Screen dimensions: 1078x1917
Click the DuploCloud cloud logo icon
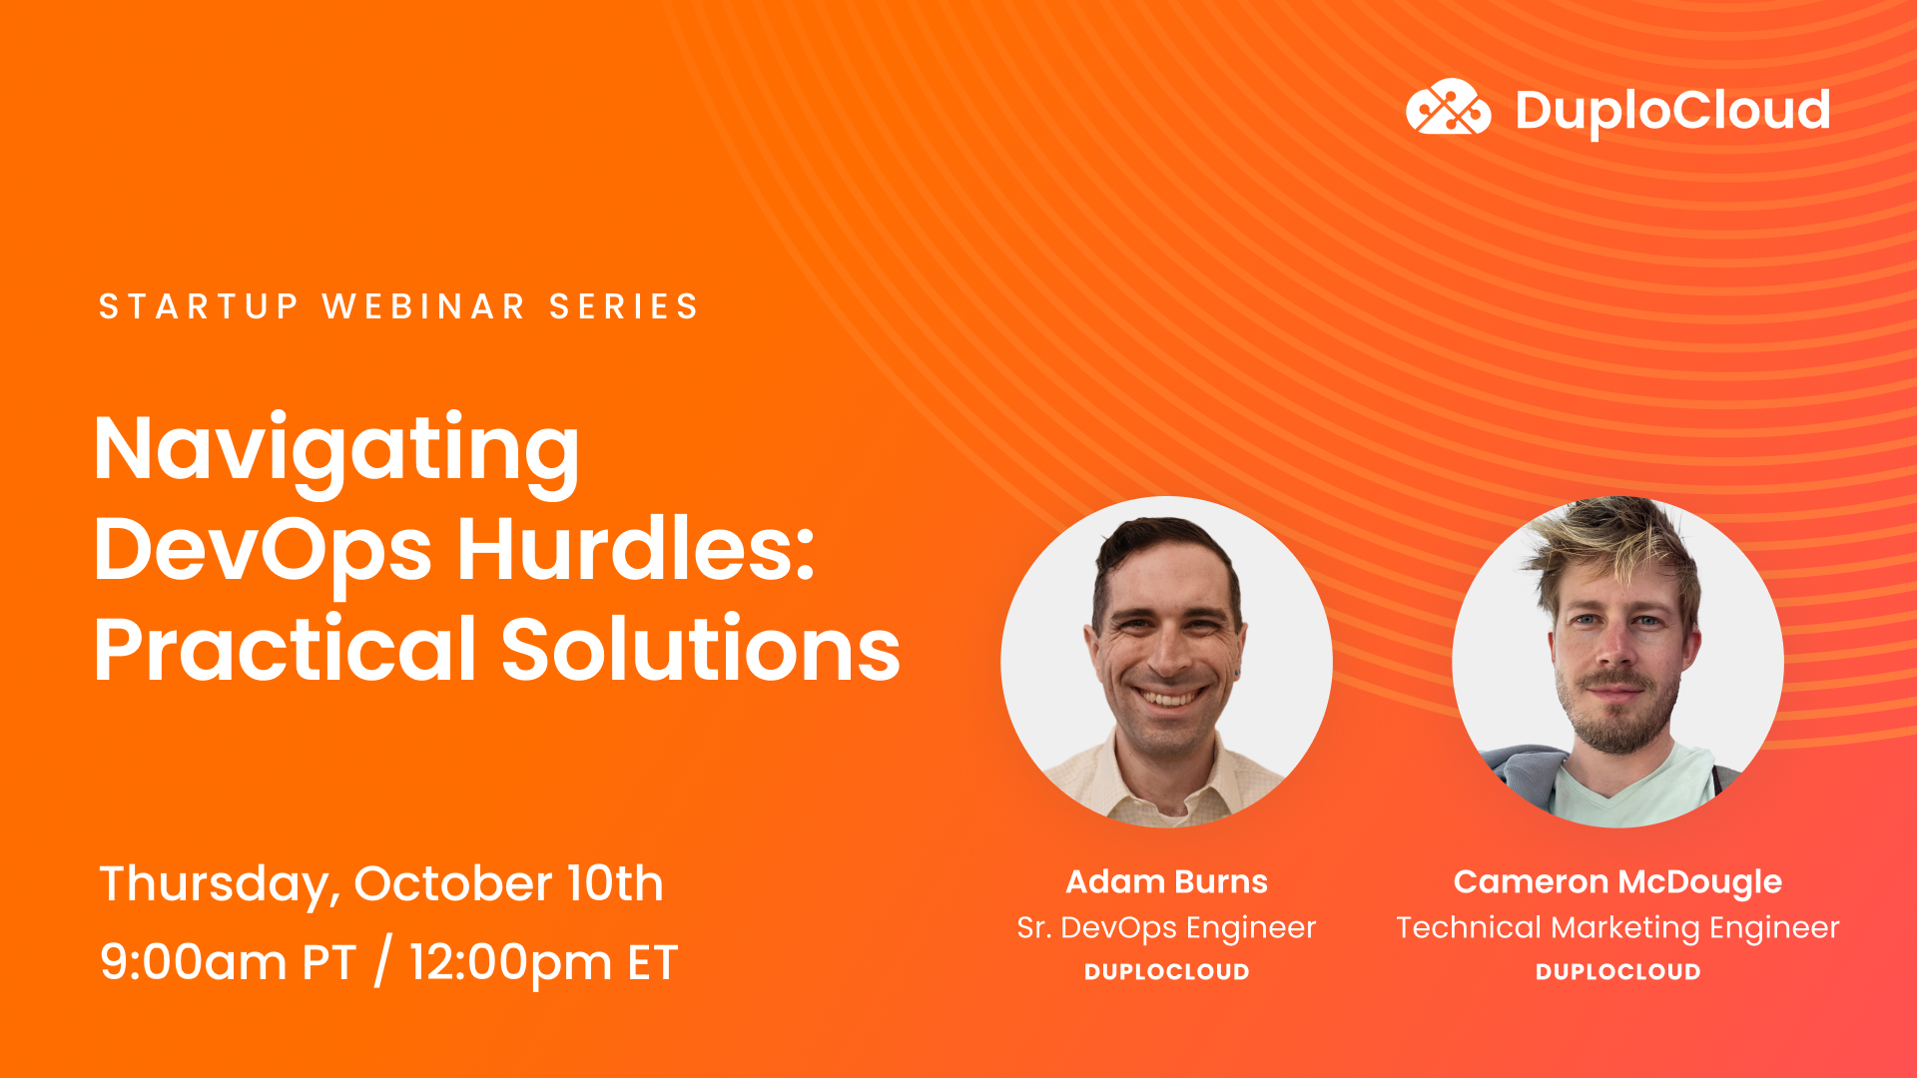[x=1448, y=108]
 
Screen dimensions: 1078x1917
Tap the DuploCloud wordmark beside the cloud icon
[x=1672, y=110]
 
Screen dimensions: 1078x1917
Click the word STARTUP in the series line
[x=199, y=306]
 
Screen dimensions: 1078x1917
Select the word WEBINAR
[x=423, y=306]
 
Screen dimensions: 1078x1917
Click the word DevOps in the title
[x=263, y=550]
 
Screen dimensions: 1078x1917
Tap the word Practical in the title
[x=285, y=650]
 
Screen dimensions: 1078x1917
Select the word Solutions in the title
[x=700, y=650]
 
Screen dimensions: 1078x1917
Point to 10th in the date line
[x=615, y=884]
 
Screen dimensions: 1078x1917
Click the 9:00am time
[x=193, y=963]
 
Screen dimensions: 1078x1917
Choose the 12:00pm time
[x=510, y=963]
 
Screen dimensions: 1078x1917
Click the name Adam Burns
[x=1166, y=882]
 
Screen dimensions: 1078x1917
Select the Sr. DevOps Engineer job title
[x=1166, y=928]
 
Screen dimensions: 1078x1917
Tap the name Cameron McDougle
[x=1617, y=882]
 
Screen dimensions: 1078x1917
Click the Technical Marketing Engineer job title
[x=1617, y=928]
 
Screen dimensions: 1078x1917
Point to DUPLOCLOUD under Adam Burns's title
[x=1166, y=972]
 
